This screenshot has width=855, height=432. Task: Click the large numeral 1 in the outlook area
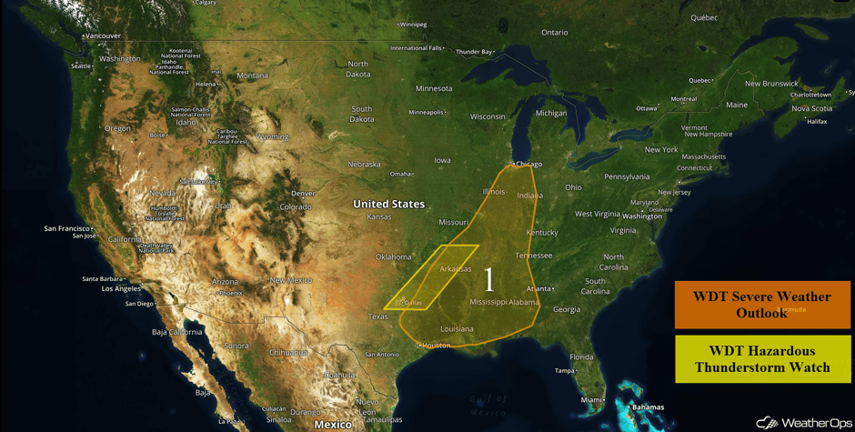coord(488,279)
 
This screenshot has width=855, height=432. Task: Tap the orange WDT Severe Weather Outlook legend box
coord(762,305)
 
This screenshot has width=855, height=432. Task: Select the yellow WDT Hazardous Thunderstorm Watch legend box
coord(762,359)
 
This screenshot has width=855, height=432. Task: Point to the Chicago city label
coord(528,165)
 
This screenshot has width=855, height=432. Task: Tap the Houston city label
coord(437,346)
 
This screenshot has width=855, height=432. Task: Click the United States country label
coord(388,204)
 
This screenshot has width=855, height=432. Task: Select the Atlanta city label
coord(538,289)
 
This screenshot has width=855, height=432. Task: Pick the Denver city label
coord(303,194)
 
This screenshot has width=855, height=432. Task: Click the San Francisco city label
coord(67,228)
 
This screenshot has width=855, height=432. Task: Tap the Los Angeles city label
coord(121,289)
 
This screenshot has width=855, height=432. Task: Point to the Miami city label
coord(592,399)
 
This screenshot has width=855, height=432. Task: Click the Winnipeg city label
coord(413,25)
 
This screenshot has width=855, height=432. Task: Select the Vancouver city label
coord(102,36)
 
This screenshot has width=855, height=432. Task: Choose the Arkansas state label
coord(456,269)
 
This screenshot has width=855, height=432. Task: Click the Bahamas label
coord(648,407)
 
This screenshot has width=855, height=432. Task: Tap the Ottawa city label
coord(646,108)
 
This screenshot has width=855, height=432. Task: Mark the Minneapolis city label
coord(426,113)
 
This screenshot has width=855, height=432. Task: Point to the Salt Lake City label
coord(199,181)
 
